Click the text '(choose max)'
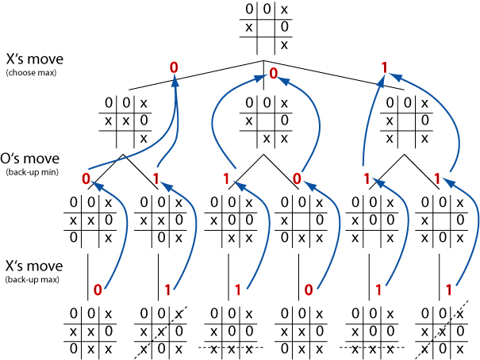tap(31, 73)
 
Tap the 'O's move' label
tap(29, 159)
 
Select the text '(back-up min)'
tap(33, 172)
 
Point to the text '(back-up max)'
tap(33, 280)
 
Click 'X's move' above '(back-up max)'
tap(34, 266)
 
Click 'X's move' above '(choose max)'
tap(35, 59)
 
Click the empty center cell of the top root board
tap(267, 28)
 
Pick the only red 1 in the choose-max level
tap(385, 68)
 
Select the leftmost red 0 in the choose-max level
tap(174, 67)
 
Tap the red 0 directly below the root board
tap(273, 74)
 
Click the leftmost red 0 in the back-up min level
tap(86, 178)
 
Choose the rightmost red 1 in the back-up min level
tap(437, 178)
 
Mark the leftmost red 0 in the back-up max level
tap(98, 289)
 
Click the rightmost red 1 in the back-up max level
tap(449, 289)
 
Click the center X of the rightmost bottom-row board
tap(442, 331)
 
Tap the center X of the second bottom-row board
tap(161, 331)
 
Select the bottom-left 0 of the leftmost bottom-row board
tap(73, 348)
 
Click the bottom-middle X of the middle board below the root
tap(267, 140)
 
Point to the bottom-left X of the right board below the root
tap(390, 140)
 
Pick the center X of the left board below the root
tap(126, 121)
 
